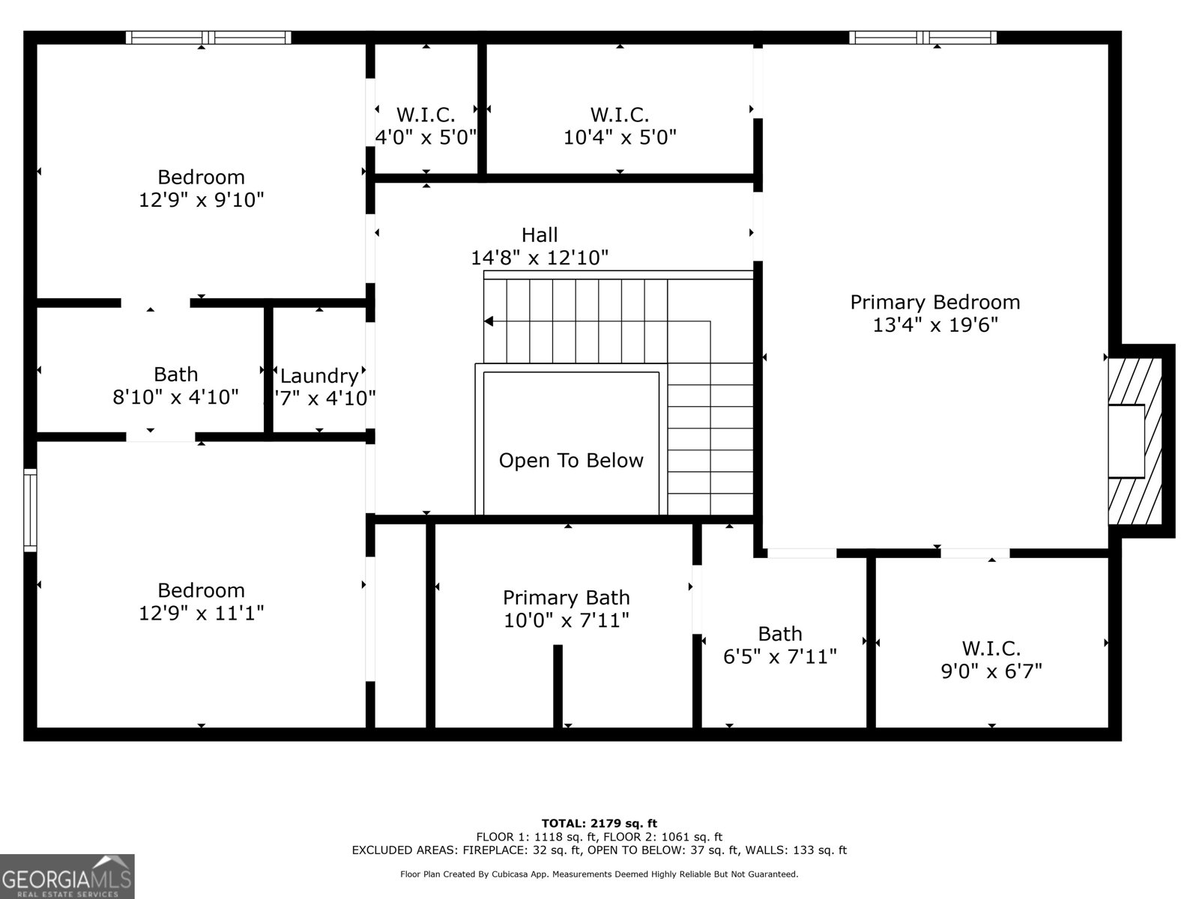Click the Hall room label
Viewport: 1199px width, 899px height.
(540, 234)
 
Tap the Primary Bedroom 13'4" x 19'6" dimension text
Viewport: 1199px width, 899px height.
(935, 325)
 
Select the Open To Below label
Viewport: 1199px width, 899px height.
(571, 461)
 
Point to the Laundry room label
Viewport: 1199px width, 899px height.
(319, 375)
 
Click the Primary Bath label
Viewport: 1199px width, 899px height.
(567, 598)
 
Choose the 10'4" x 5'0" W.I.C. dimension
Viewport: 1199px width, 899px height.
(620, 137)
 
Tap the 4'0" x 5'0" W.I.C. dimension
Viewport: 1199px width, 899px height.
(426, 137)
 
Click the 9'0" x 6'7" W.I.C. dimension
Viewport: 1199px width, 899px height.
(991, 671)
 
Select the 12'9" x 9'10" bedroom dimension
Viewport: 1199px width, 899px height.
(201, 200)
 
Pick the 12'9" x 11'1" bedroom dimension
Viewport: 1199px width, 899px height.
(201, 613)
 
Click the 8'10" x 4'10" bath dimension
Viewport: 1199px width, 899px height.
(175, 397)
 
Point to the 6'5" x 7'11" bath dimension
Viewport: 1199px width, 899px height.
(780, 656)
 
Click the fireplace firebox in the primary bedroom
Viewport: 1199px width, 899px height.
(1126, 441)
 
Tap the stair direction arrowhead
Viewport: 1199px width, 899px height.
(489, 321)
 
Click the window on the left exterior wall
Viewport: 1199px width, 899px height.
(30, 510)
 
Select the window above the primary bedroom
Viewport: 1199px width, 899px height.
(922, 37)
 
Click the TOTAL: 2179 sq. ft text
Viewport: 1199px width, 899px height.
(599, 823)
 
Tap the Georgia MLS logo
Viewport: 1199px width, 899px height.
(67, 876)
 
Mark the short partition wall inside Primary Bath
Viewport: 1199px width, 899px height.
(558, 686)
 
